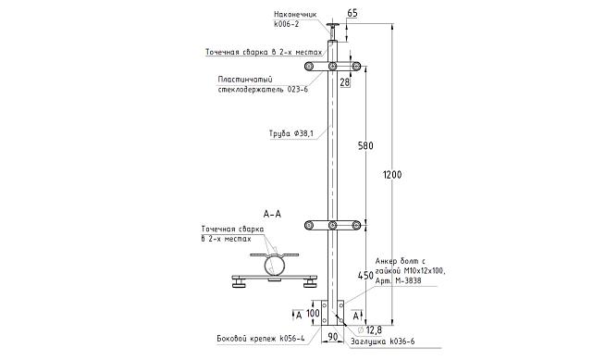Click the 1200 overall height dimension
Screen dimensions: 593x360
(x=392, y=175)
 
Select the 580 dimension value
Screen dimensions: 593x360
(x=365, y=145)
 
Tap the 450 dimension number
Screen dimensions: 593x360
(x=365, y=275)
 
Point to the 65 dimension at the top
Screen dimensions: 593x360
(x=352, y=13)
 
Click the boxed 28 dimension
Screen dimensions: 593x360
(x=345, y=82)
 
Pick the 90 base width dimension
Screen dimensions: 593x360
(x=333, y=336)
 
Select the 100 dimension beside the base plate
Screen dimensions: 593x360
(x=313, y=313)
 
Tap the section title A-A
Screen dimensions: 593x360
(x=272, y=214)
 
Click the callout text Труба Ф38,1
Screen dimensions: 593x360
(x=291, y=133)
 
